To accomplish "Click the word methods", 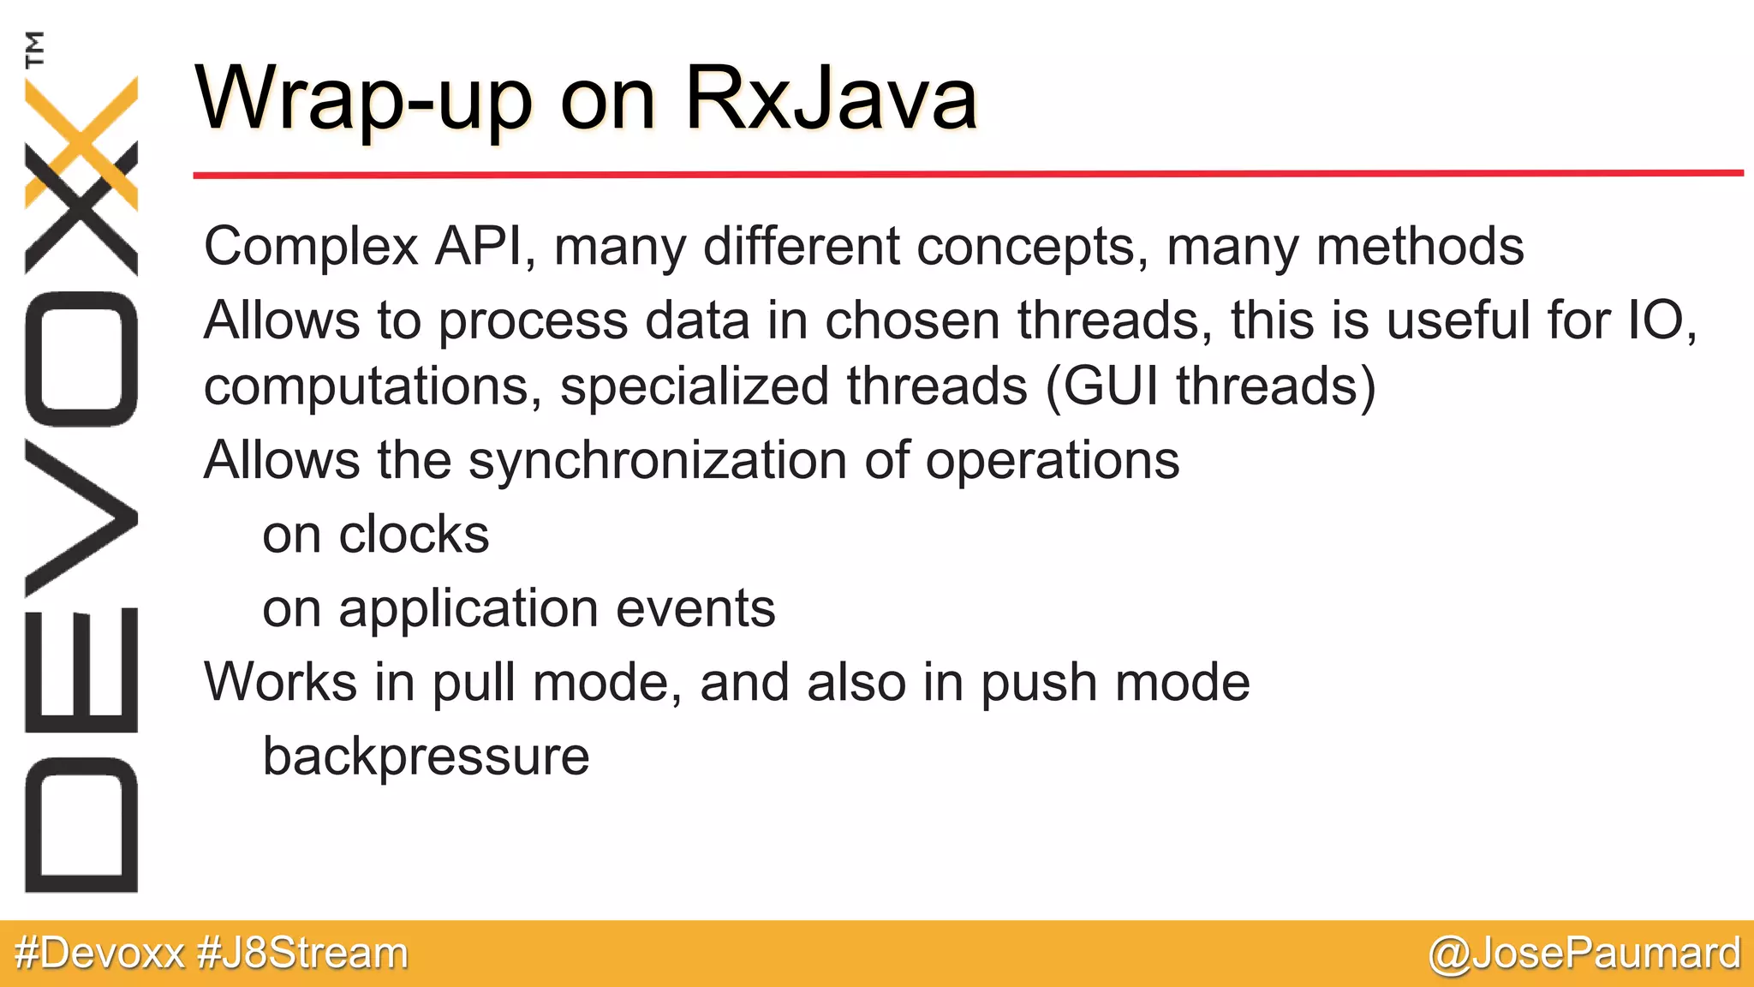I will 1419,247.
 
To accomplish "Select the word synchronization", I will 658,462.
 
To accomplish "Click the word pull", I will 472,684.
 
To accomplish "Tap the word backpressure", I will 426,757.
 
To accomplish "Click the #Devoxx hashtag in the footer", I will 99,954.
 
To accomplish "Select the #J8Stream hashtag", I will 302,954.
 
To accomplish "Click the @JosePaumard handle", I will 1584,954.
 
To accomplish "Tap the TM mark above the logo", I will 35,50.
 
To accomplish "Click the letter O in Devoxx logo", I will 81,359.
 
